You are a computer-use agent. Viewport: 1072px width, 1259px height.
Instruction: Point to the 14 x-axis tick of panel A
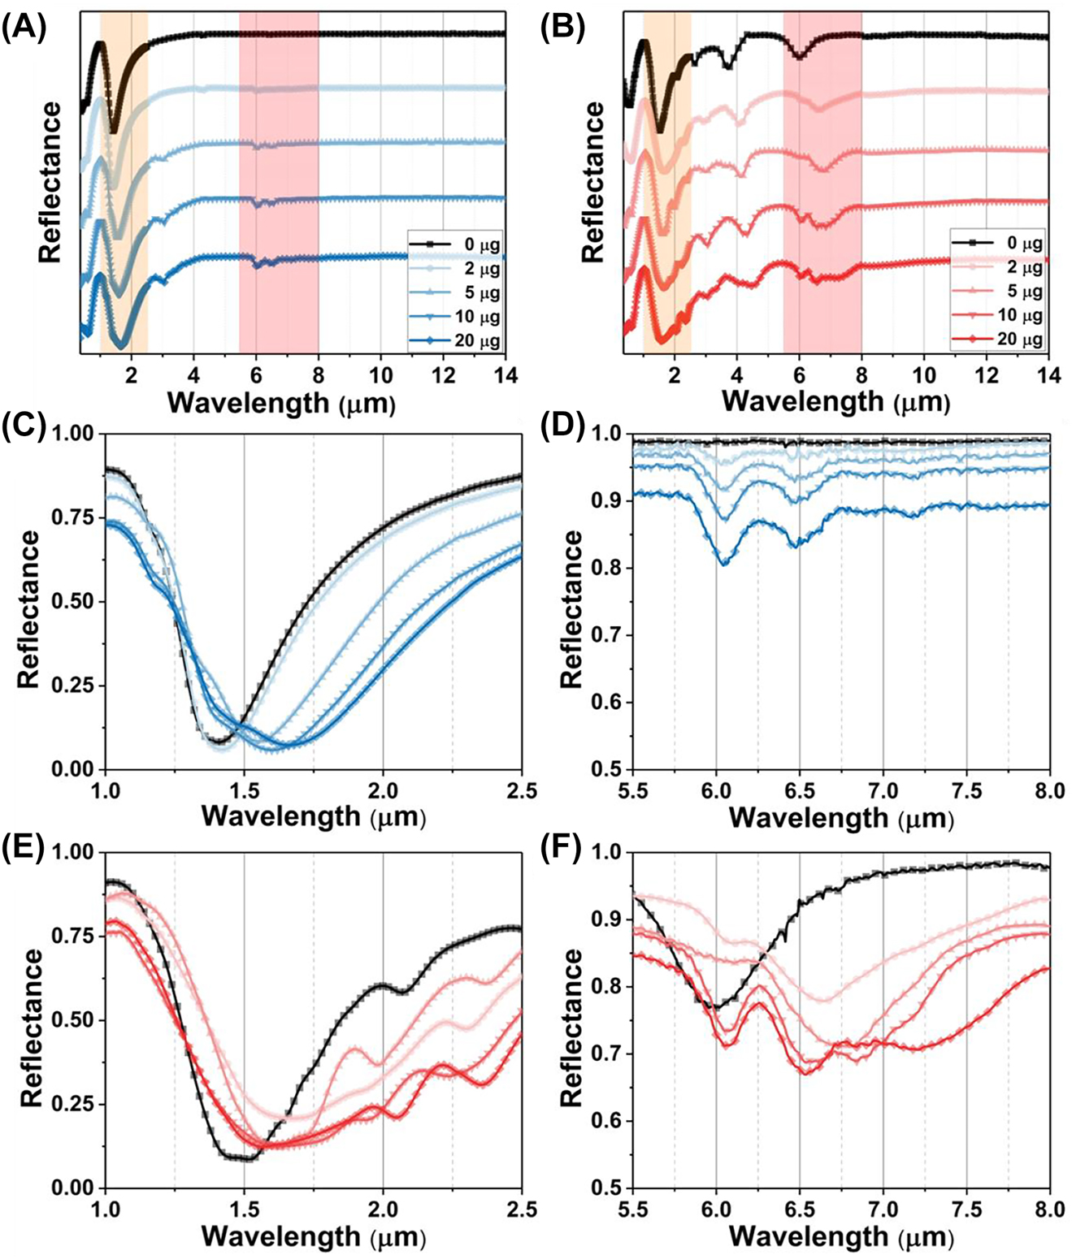[505, 375]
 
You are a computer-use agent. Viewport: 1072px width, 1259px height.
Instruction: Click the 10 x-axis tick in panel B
[923, 375]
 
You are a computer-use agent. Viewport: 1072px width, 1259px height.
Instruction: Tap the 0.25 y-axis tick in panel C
[72, 686]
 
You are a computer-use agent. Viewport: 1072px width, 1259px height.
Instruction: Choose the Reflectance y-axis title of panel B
[594, 182]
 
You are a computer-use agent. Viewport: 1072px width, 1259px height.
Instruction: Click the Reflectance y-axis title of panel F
[571, 1027]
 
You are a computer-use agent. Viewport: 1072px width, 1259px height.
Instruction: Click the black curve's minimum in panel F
[714, 1007]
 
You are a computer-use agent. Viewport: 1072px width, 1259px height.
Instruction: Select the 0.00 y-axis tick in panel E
[72, 1188]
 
